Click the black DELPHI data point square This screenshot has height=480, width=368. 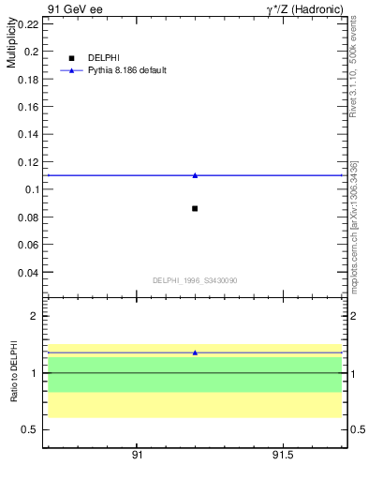point(195,208)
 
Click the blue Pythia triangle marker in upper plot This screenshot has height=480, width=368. point(195,175)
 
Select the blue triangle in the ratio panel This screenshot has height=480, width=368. point(195,352)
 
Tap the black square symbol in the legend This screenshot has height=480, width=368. point(71,58)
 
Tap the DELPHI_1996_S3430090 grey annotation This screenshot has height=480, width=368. point(195,280)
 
